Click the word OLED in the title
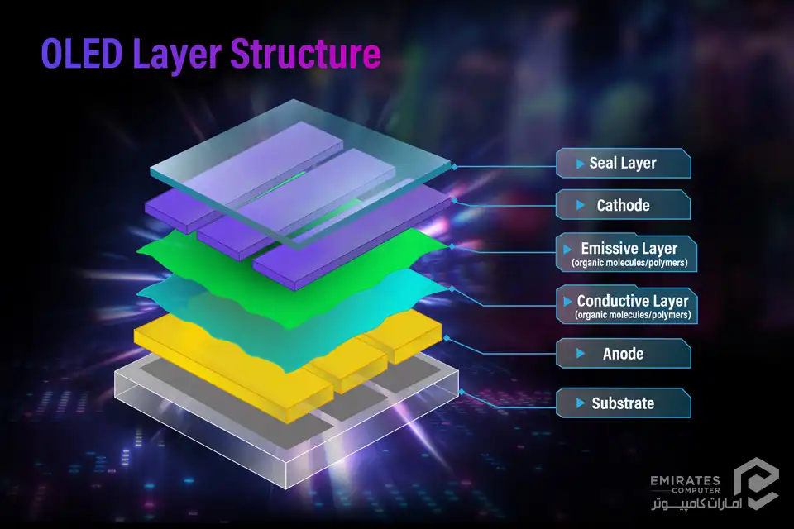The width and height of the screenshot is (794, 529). pos(82,53)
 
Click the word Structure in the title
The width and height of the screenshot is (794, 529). pos(305,53)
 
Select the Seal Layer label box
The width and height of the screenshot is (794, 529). pos(624,163)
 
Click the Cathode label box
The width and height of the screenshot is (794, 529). pos(624,204)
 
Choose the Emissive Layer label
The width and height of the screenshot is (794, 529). pos(627,253)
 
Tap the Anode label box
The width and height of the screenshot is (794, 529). pos(624,353)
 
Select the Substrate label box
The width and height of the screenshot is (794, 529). pos(624,403)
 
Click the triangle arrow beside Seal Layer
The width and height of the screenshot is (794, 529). pos(581,164)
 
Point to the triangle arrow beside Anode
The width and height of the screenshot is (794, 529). pos(581,353)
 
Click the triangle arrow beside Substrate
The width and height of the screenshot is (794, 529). pos(581,403)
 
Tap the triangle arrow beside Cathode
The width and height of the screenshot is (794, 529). pos(581,205)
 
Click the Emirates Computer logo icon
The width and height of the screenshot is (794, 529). pos(756,484)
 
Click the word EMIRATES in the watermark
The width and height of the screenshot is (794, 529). pos(685,480)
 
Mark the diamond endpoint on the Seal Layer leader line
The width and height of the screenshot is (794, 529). pos(454,166)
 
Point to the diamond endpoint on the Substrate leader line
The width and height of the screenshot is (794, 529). pos(462,392)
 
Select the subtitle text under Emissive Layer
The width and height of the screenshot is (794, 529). pos(629,263)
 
